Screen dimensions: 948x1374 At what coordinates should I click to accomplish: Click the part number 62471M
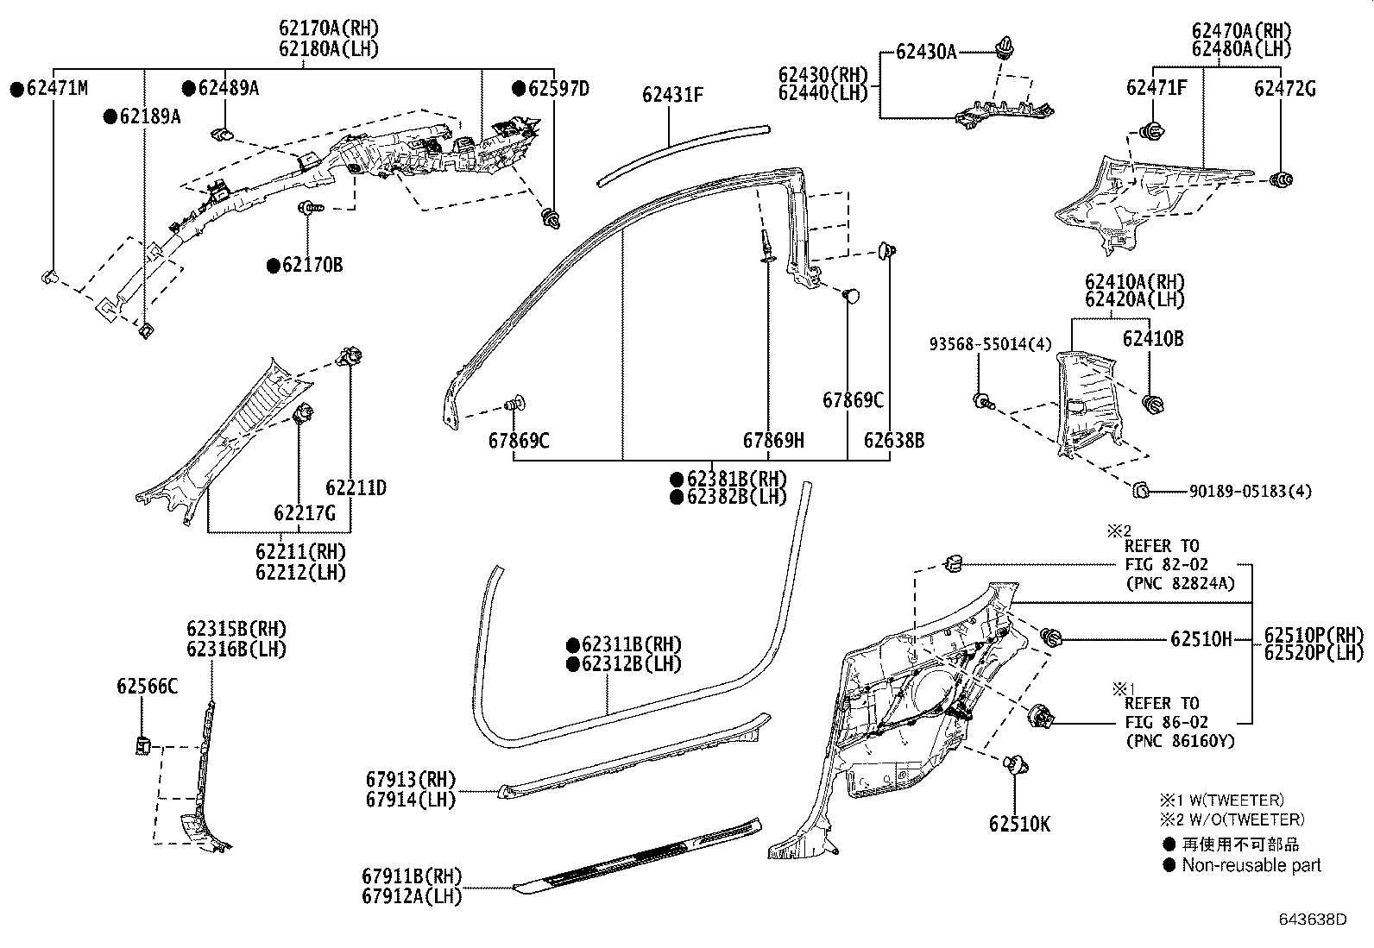tap(57, 87)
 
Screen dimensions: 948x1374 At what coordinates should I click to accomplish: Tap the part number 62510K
tap(1019, 824)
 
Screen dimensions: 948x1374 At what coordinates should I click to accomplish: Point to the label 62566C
tap(147, 686)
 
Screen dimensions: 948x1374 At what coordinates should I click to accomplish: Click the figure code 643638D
tap(1313, 919)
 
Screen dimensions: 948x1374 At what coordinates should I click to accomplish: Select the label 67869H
tap(773, 441)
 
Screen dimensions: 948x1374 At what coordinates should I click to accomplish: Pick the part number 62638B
tap(893, 441)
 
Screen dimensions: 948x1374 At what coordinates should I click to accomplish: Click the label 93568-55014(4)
tap(990, 344)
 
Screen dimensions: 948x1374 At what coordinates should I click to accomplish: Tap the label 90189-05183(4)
tap(1250, 491)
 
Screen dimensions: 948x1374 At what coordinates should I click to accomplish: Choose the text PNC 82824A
tap(1181, 583)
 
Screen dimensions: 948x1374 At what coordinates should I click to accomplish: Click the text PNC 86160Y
tap(1179, 741)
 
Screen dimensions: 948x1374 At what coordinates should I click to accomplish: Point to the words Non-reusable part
tap(1251, 864)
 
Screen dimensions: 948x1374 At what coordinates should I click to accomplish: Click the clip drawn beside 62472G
tap(1283, 179)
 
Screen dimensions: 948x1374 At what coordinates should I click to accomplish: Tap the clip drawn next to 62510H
tap(1051, 638)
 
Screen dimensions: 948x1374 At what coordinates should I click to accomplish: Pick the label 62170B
tap(312, 265)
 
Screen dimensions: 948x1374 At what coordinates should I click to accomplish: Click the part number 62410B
tap(1152, 339)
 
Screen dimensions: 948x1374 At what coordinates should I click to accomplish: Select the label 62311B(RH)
tap(631, 644)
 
